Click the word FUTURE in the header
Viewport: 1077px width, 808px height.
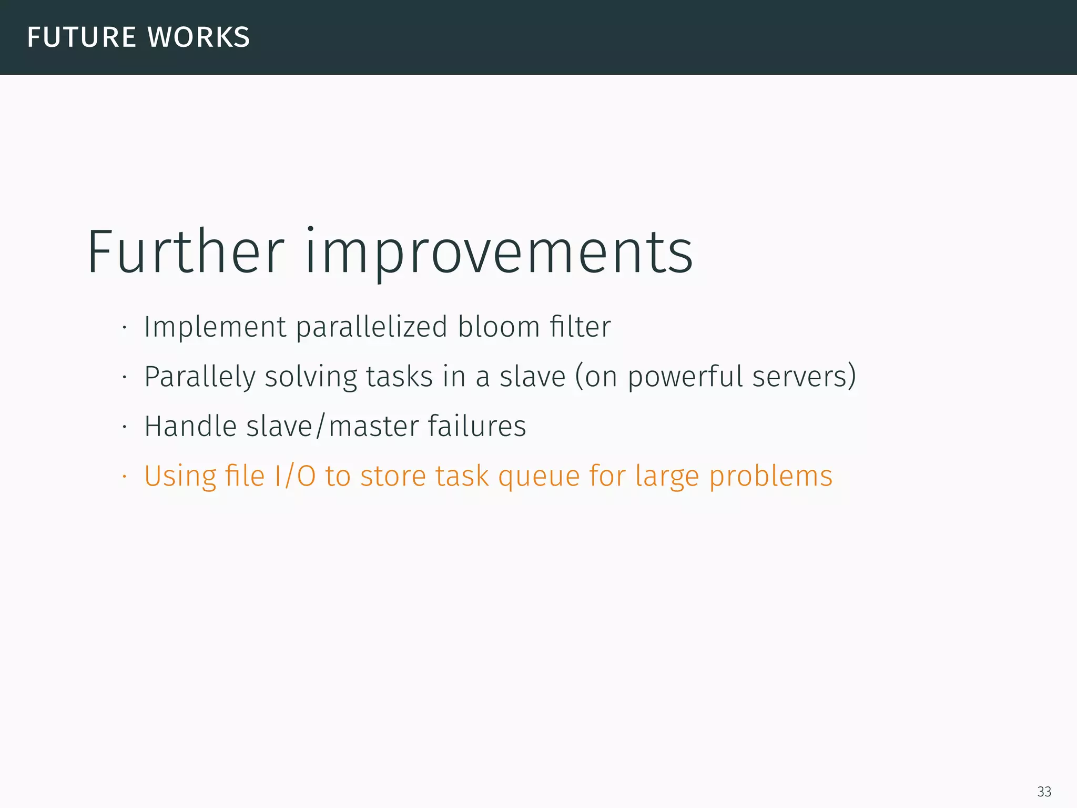pyautogui.click(x=82, y=37)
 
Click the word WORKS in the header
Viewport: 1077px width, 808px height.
pyautogui.click(x=198, y=37)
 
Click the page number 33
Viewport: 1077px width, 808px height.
pyautogui.click(x=1044, y=792)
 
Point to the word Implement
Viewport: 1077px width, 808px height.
pyautogui.click(x=215, y=327)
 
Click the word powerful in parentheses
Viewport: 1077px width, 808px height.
pyautogui.click(x=685, y=377)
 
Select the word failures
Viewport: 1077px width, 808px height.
pyautogui.click(x=476, y=426)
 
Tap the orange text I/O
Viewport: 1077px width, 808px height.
pyautogui.click(x=294, y=476)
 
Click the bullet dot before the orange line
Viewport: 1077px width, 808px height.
pyautogui.click(x=124, y=477)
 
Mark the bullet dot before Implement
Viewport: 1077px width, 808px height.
pyautogui.click(x=124, y=328)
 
